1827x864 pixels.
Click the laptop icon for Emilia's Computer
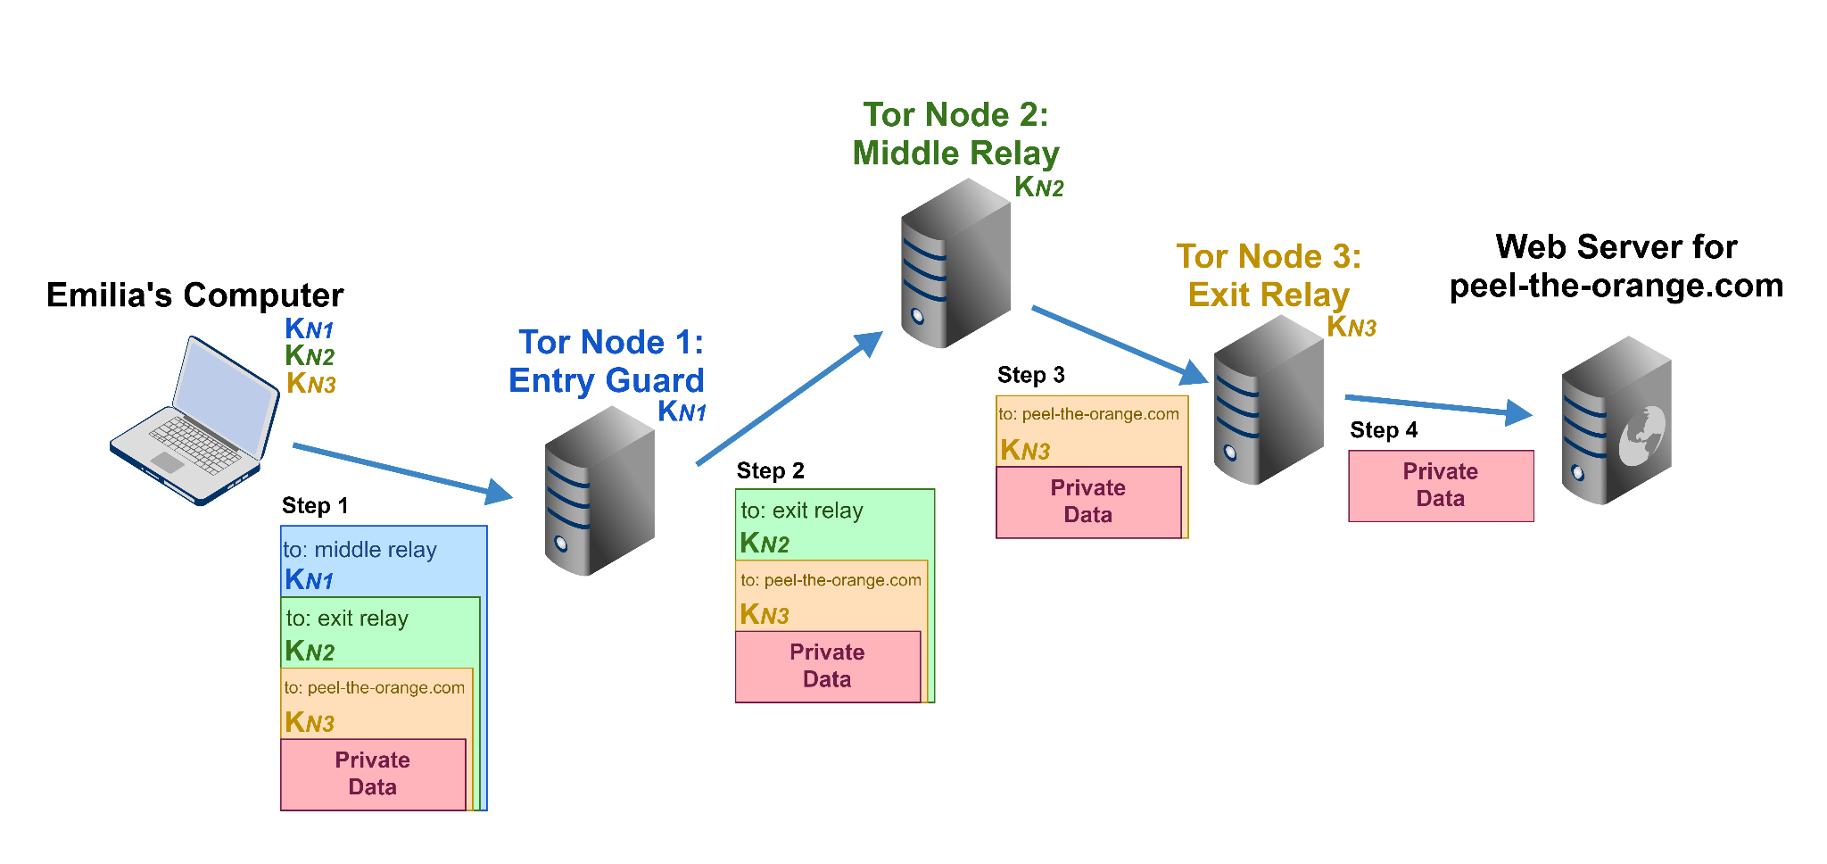pos(194,420)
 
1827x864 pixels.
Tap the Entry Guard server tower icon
pos(599,491)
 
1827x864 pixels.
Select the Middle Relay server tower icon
pos(955,263)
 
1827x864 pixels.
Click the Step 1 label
pos(315,506)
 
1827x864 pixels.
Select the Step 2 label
pos(770,471)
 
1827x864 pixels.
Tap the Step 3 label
pos(1030,375)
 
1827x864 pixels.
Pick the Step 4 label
pos(1383,430)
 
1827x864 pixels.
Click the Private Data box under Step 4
pos(1440,486)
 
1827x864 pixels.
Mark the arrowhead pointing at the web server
pos(1517,412)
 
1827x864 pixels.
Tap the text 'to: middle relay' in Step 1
pos(360,550)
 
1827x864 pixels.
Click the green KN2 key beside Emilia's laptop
pos(309,356)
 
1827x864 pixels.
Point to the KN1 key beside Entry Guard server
pos(682,411)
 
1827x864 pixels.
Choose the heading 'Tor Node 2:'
pos(955,115)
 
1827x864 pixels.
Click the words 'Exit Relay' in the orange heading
pos(1268,295)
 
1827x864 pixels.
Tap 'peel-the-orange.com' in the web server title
pos(1616,286)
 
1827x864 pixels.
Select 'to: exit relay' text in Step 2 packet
pos(801,511)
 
